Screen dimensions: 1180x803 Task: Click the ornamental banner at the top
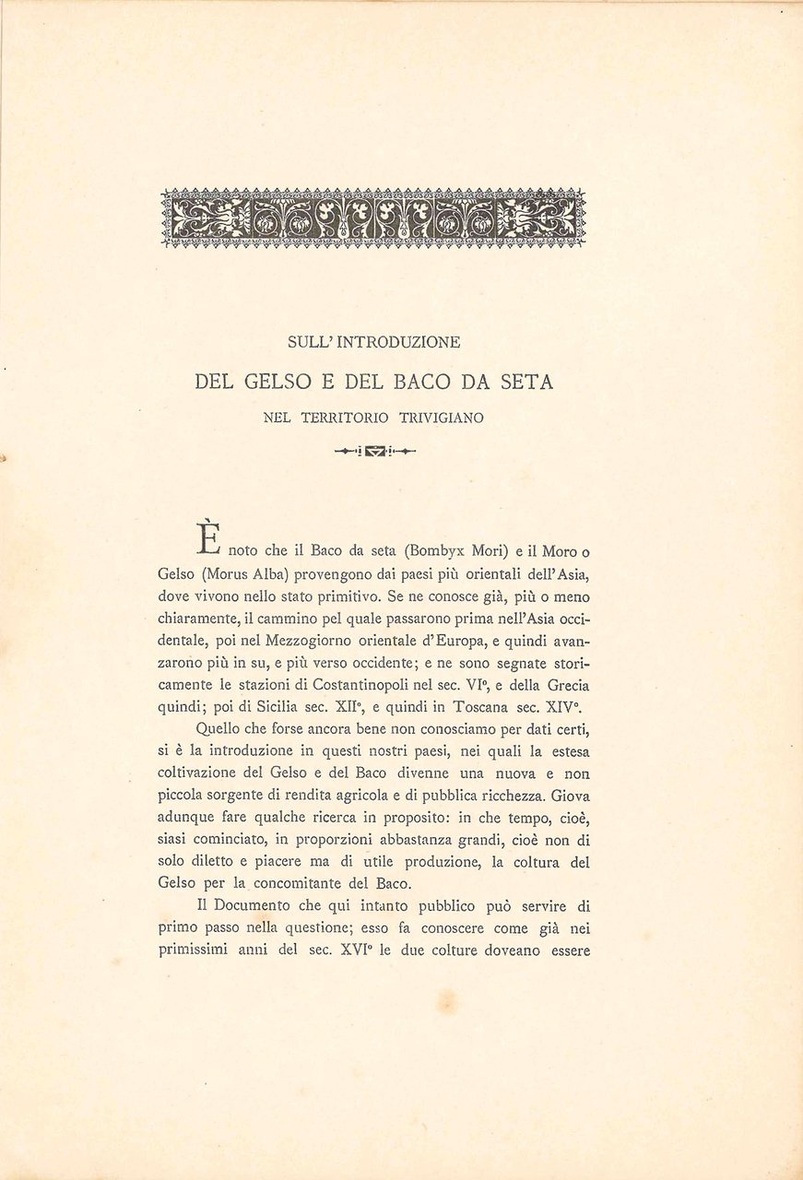373,218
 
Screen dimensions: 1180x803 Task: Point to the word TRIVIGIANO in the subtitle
442,418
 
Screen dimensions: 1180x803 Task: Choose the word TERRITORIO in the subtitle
342,418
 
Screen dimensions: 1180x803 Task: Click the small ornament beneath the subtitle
374,452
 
